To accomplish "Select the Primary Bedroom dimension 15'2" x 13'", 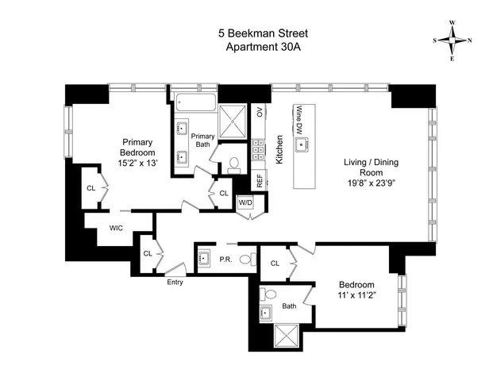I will tap(137, 163).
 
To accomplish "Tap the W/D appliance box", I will tap(245, 202).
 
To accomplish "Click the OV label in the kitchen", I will tap(259, 111).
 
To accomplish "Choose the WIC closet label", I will tap(115, 229).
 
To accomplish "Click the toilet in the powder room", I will tap(246, 258).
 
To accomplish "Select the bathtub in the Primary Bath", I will tap(195, 101).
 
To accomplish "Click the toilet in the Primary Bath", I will tap(233, 164).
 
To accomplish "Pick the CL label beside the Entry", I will tap(147, 253).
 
